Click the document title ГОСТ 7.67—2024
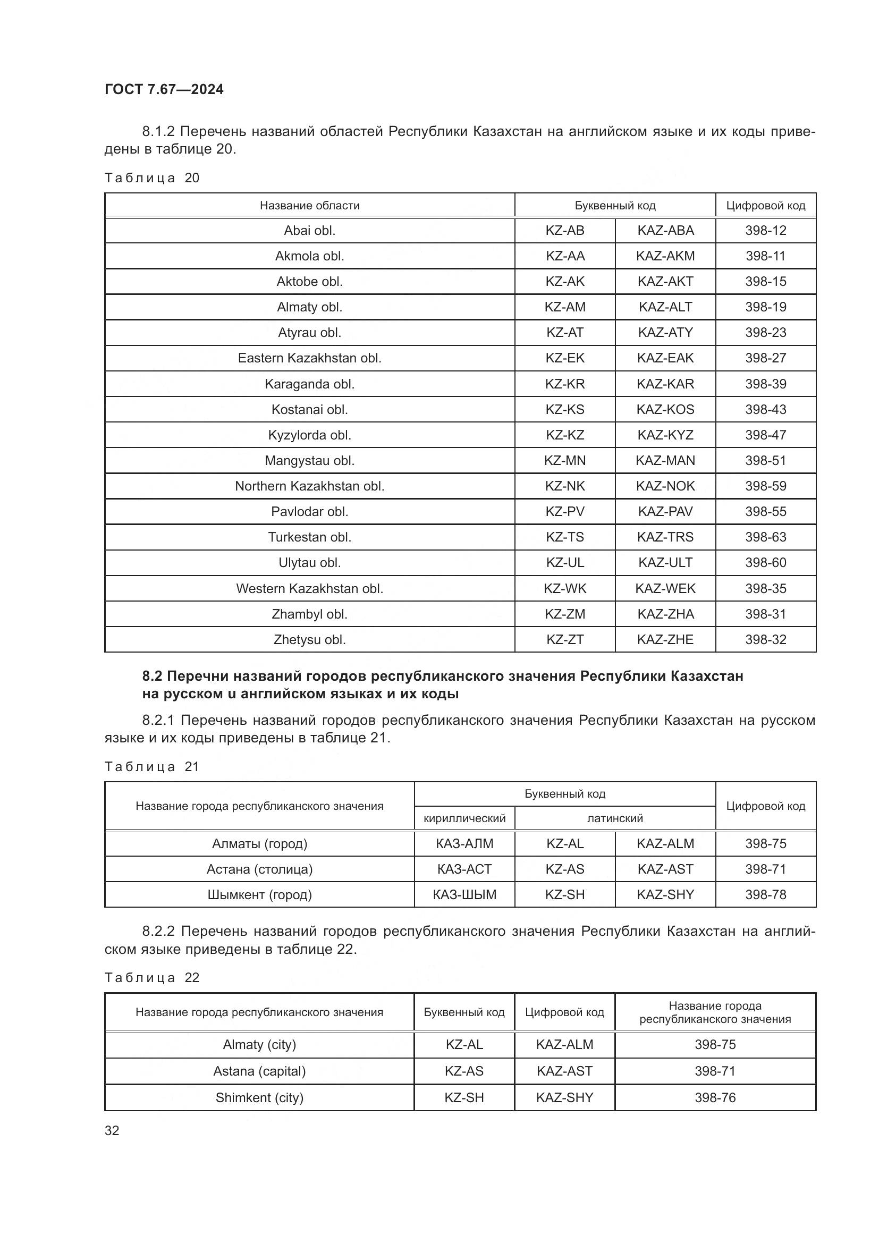pos(164,89)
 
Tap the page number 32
pos(112,1130)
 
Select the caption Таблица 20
pos(152,178)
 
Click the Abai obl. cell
pos(310,231)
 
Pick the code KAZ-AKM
pos(665,256)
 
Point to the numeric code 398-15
pos(765,282)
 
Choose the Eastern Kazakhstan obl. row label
pos(310,358)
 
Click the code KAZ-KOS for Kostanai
pos(665,410)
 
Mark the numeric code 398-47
pos(765,435)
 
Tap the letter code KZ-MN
pos(564,461)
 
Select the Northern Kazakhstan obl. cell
pos(310,486)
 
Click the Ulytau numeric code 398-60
pos(765,563)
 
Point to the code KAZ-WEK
pos(665,588)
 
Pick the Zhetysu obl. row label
pos(310,640)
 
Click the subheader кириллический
pos(464,818)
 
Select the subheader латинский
pos(615,818)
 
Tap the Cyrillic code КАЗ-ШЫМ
pos(464,895)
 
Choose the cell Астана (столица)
pos(259,869)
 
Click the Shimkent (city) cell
pos(259,1098)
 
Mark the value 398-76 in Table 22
pos(715,1098)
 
